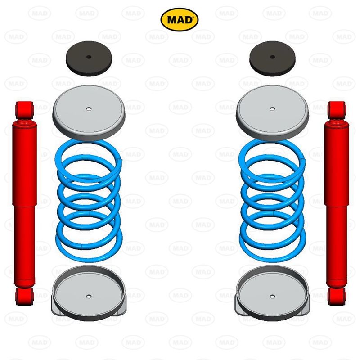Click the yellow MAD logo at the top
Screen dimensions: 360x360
click(x=179, y=19)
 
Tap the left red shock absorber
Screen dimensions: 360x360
click(x=25, y=202)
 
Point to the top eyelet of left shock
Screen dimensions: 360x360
click(x=24, y=108)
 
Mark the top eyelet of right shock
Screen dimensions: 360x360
click(x=337, y=108)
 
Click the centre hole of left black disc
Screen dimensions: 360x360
click(x=89, y=57)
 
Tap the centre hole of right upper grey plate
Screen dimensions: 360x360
click(x=272, y=109)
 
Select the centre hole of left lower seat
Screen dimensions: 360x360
click(x=88, y=296)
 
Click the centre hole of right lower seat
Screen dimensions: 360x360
click(x=272, y=296)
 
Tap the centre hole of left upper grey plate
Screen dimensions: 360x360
click(x=88, y=109)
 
